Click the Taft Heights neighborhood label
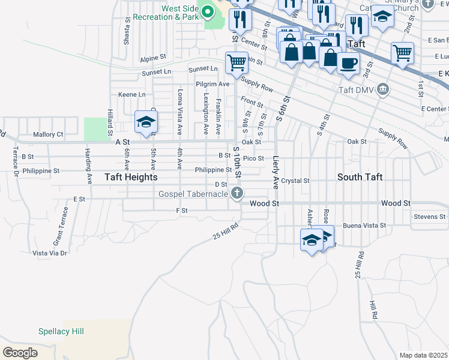131,178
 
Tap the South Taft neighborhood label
360,178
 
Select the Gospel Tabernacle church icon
238,193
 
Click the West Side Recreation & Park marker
208,11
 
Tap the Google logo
20,352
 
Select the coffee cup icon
348,62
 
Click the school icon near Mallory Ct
145,122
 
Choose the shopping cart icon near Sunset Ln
237,61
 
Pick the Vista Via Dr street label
50,253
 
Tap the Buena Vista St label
363,226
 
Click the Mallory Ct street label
48,135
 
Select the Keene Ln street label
132,95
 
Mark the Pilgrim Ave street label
212,85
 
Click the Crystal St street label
295,181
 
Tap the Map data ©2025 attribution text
424,355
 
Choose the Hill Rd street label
373,310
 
